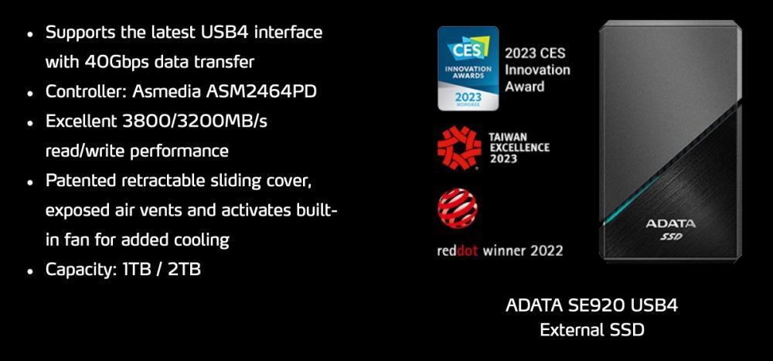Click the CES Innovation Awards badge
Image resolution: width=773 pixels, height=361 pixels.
click(468, 68)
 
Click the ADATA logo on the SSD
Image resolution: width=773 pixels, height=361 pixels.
click(670, 223)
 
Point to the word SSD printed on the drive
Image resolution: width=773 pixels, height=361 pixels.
click(671, 237)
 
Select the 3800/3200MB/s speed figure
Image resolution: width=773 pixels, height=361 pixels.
click(189, 121)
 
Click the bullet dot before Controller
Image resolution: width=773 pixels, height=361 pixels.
click(30, 93)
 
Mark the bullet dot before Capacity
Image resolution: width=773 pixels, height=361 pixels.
click(30, 271)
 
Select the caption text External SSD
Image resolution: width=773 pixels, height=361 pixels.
click(591, 330)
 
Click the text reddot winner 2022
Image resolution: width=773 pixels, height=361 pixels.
click(500, 250)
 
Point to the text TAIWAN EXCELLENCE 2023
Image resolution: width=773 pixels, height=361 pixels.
click(519, 148)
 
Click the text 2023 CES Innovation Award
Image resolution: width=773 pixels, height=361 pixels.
click(537, 70)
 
